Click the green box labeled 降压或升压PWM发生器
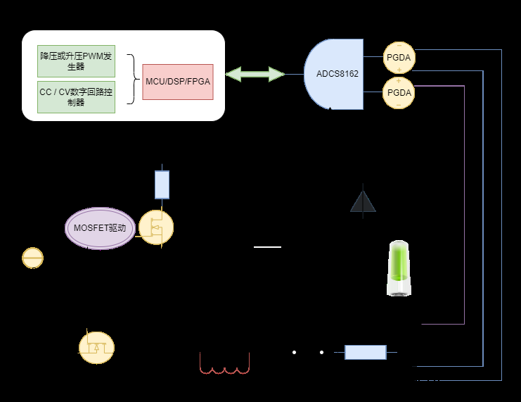point(75,61)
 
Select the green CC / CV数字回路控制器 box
point(75,96)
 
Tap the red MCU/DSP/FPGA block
point(178,81)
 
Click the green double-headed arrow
point(255,74)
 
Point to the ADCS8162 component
point(335,73)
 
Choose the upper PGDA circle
point(399,57)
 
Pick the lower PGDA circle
point(399,93)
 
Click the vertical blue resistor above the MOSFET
point(162,184)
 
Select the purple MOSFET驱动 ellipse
point(100,228)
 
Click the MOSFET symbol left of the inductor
point(96,346)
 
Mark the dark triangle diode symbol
point(363,201)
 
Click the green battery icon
point(399,268)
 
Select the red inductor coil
point(225,365)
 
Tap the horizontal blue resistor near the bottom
point(366,352)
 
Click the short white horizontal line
point(267,247)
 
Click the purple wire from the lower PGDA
point(464,211)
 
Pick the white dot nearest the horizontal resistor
point(321,352)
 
